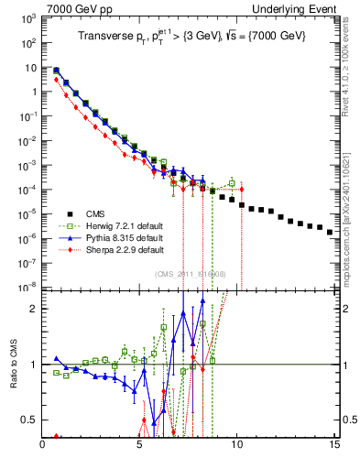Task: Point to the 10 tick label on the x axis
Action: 236,445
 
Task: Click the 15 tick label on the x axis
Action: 333,445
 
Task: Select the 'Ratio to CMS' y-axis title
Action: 13,365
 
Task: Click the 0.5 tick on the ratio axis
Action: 30,420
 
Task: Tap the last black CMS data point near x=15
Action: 330,232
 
